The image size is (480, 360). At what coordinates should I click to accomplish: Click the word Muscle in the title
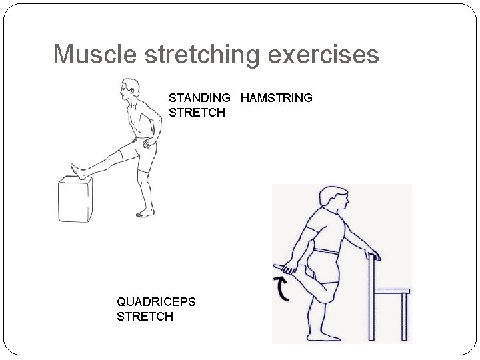pos(95,54)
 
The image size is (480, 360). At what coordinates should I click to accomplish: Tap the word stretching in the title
pos(202,56)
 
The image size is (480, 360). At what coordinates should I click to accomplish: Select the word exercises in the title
pos(323,55)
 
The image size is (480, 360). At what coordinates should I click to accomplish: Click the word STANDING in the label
pos(199,97)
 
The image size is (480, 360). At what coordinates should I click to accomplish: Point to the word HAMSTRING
pos(277,97)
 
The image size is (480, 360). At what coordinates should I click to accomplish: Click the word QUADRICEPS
pos(156,302)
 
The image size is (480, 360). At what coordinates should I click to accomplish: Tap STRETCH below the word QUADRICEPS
pos(145,316)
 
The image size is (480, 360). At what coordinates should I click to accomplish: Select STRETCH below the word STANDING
pos(197,113)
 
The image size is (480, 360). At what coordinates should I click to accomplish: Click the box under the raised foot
pos(75,199)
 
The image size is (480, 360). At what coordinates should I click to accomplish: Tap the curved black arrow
pos(282,289)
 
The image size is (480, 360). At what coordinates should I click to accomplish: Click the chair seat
pos(392,291)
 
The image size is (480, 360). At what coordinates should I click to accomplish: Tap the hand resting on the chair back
pos(373,254)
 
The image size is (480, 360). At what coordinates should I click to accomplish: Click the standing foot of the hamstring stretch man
pos(145,213)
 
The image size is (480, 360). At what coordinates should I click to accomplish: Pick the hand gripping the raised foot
pos(289,268)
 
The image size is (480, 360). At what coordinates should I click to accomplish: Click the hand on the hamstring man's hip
pos(149,143)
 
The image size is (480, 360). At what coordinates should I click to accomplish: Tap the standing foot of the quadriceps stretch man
pos(324,337)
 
